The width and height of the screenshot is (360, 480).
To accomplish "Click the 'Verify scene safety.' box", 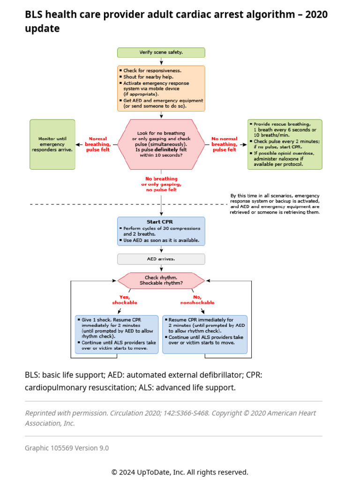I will click(161, 52).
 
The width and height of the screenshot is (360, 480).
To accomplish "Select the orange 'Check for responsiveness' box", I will click(161, 88).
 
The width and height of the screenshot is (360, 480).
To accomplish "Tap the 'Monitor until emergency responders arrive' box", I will click(52, 144).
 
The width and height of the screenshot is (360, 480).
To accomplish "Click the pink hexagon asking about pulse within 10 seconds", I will click(161, 144).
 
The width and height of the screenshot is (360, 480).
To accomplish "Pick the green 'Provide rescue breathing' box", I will click(285, 144).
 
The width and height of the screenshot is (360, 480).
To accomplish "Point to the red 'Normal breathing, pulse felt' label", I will click(97, 144).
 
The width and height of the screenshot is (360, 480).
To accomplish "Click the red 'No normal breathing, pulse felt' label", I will click(225, 144).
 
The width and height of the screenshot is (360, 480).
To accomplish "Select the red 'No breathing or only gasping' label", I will click(161, 184).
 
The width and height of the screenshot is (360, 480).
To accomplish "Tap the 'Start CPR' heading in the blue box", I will click(161, 222).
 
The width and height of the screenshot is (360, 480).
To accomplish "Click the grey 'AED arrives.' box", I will click(161, 259).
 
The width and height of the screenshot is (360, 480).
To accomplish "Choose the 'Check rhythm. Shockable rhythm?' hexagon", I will click(161, 281).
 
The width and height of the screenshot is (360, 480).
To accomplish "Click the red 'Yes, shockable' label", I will click(124, 300).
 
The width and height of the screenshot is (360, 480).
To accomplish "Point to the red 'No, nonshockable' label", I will click(197, 300).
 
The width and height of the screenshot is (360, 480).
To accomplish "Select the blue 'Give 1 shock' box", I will click(117, 334).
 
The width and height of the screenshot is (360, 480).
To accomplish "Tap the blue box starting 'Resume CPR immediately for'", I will click(204, 334).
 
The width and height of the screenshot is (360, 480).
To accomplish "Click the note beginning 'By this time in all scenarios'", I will click(275, 204).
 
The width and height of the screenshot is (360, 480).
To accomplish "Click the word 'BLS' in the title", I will click(34, 15).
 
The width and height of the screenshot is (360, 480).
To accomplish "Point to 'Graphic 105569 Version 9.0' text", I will click(67, 448).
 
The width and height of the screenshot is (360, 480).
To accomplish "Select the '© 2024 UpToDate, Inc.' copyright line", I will click(180, 472).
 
